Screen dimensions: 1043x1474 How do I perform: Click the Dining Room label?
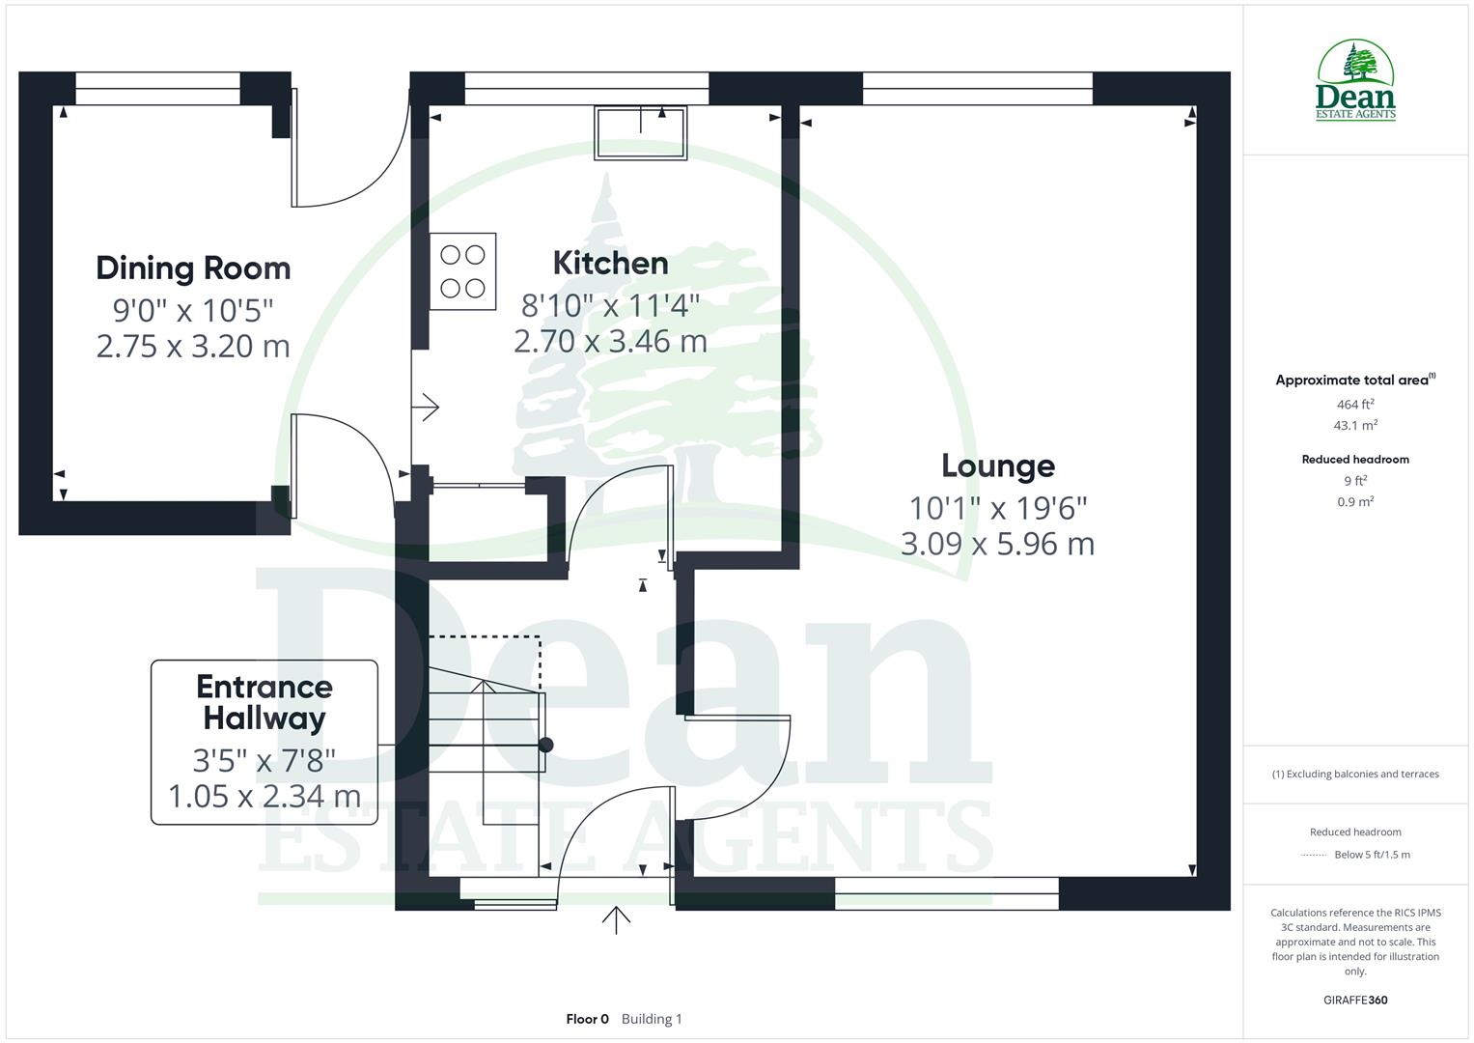[x=193, y=268]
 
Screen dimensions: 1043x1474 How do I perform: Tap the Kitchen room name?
[x=610, y=263]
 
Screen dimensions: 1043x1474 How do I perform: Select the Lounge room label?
[x=998, y=465]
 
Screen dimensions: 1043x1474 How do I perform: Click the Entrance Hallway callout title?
[x=264, y=702]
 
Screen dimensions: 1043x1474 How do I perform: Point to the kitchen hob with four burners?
[x=463, y=271]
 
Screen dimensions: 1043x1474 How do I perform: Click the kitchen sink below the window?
[x=641, y=132]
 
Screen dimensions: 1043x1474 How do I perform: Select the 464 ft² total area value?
[x=1355, y=405]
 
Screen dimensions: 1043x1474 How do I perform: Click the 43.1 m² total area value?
[x=1355, y=425]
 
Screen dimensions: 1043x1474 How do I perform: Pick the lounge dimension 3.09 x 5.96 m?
[x=998, y=544]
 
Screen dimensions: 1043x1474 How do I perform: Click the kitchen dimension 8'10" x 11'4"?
[x=610, y=306]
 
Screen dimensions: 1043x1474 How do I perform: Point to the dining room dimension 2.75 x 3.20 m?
[x=193, y=346]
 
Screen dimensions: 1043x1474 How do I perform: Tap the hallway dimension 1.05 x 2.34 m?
[x=264, y=797]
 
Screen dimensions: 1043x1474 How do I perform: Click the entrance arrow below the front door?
[x=616, y=920]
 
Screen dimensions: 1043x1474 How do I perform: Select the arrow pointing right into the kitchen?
[x=427, y=408]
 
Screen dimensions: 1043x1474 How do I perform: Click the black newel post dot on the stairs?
[x=545, y=745]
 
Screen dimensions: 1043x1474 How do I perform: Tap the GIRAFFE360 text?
[x=1355, y=1000]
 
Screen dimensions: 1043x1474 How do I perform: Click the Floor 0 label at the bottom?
[x=587, y=1019]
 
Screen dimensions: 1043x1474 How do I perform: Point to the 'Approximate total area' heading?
[x=1353, y=381]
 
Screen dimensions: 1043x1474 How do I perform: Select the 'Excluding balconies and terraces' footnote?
[x=1355, y=774]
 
